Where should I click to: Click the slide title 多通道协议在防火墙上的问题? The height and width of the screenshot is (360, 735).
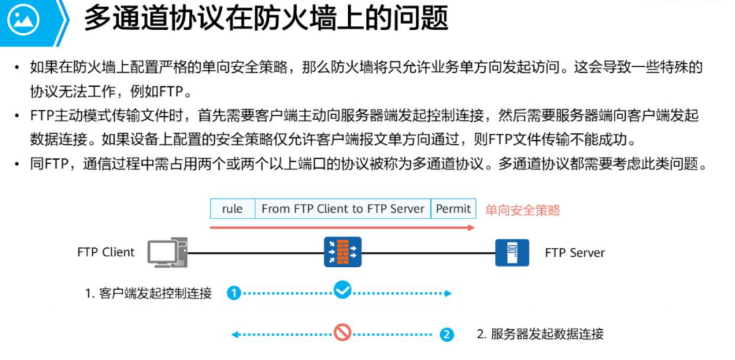pyautogui.click(x=266, y=19)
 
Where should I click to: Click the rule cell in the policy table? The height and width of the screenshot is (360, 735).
pyautogui.click(x=232, y=209)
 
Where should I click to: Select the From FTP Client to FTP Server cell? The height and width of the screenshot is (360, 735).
pyautogui.click(x=342, y=209)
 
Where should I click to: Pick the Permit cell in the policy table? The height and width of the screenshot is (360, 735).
pyautogui.click(x=454, y=209)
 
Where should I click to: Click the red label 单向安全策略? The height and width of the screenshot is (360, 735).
pyautogui.click(x=523, y=209)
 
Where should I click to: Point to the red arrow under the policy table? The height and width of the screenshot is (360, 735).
pyautogui.click(x=342, y=227)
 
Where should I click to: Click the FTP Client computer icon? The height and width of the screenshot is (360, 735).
pyautogui.click(x=167, y=252)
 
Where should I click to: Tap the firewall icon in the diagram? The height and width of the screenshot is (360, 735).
pyautogui.click(x=342, y=252)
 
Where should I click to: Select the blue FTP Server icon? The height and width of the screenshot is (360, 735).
pyautogui.click(x=512, y=252)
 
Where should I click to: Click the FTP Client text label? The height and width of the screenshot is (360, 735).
pyautogui.click(x=106, y=252)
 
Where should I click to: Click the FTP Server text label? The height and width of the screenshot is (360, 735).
pyautogui.click(x=575, y=253)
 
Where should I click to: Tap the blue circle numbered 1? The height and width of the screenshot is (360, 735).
pyautogui.click(x=234, y=293)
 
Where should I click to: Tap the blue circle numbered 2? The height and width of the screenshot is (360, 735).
pyautogui.click(x=447, y=335)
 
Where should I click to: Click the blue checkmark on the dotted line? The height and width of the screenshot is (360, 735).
pyautogui.click(x=342, y=289)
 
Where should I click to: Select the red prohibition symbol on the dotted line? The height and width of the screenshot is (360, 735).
pyautogui.click(x=342, y=332)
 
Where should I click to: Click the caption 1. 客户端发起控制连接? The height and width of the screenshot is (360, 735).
pyautogui.click(x=148, y=293)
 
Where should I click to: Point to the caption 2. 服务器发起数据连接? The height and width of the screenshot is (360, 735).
pyautogui.click(x=540, y=334)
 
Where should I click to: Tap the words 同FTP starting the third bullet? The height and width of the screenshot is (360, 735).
pyautogui.click(x=52, y=164)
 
